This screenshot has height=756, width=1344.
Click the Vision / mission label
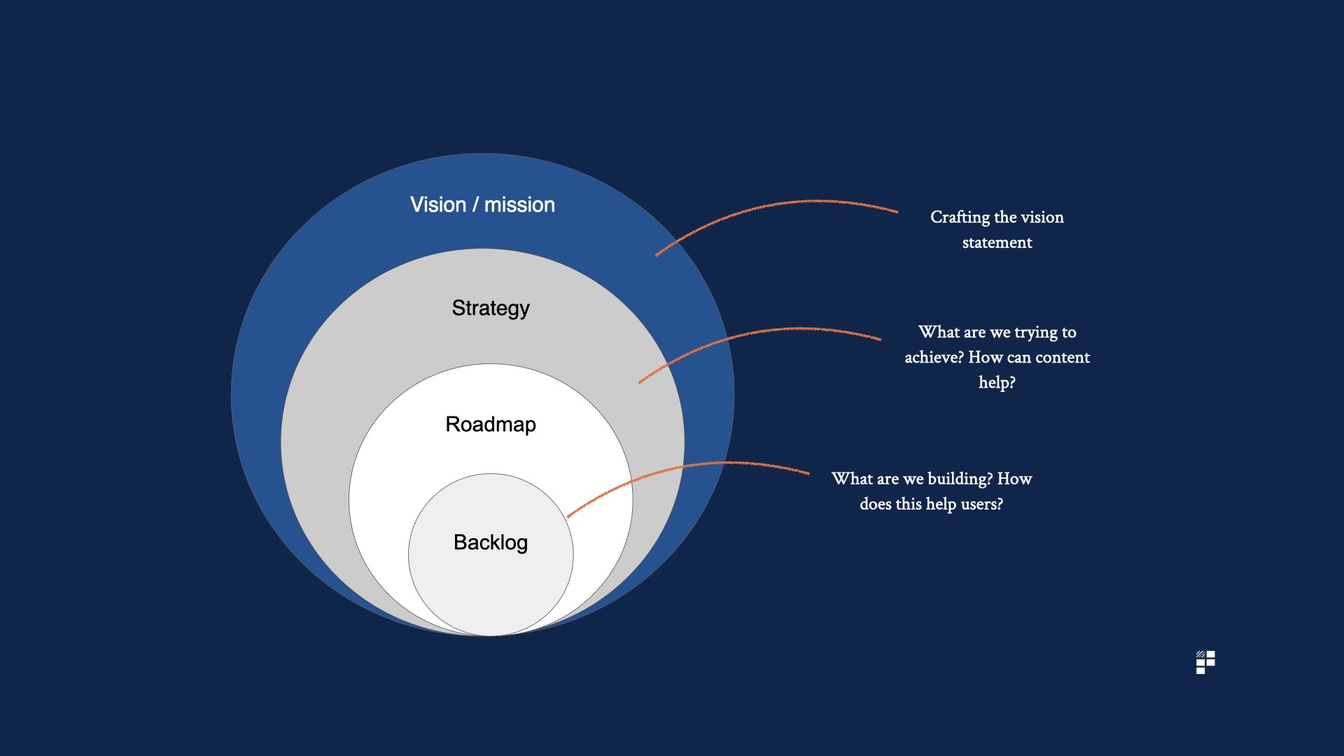pos(482,204)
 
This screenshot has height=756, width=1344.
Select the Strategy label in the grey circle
pos(491,308)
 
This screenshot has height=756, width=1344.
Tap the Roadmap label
pos(491,424)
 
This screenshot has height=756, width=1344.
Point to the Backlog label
pos(491,542)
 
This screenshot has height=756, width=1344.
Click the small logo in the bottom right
pos(1205,662)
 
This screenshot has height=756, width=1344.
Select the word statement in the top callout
pos(997,243)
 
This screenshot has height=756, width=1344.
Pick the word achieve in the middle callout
pos(934,358)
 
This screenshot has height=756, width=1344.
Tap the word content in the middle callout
pos(1062,358)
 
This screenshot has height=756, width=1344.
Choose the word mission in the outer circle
pos(519,204)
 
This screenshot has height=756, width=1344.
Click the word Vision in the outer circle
pos(438,204)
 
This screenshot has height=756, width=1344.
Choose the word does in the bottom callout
pos(875,504)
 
